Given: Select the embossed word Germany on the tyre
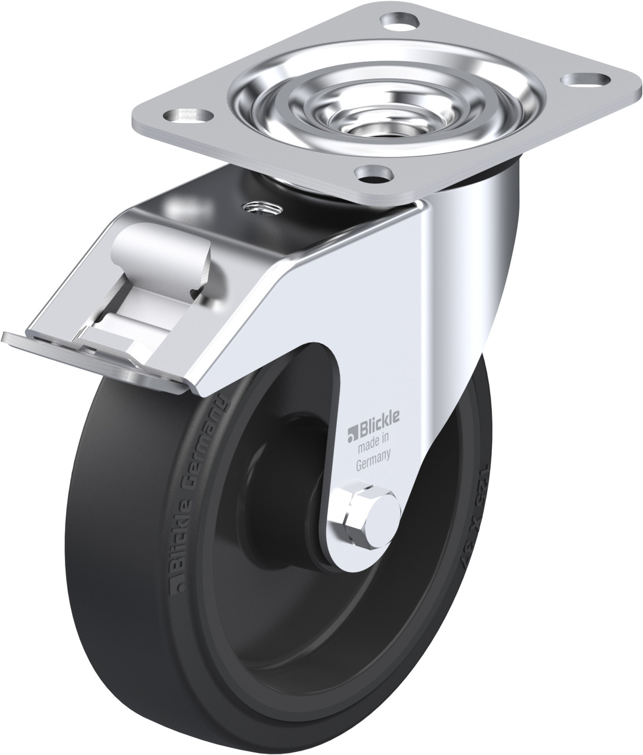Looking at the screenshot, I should [207, 435].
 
